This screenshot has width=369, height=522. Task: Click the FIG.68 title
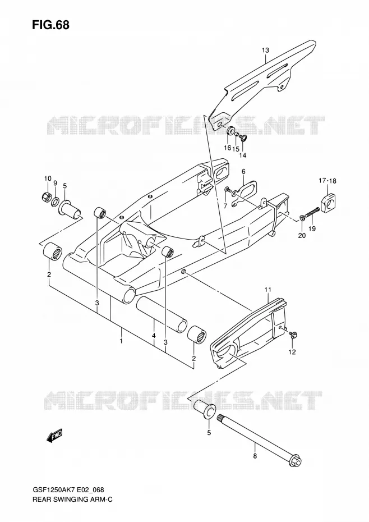pyautogui.click(x=51, y=25)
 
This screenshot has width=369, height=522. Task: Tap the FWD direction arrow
pyautogui.click(x=54, y=436)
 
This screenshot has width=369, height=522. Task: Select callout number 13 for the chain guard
pyautogui.click(x=265, y=51)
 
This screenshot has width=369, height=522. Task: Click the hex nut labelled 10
pyautogui.click(x=47, y=197)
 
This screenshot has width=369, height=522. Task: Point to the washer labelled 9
pyautogui.click(x=55, y=202)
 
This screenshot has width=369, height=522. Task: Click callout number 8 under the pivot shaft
pyautogui.click(x=255, y=456)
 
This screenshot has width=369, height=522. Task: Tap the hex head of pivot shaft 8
pyautogui.click(x=296, y=463)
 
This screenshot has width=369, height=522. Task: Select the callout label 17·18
pyautogui.click(x=328, y=181)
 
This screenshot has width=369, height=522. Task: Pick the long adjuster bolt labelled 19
pyautogui.click(x=311, y=213)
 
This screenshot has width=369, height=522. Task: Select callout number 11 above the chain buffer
pyautogui.click(x=268, y=290)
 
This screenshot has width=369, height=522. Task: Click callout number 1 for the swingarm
pyautogui.click(x=122, y=341)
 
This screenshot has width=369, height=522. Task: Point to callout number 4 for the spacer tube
pyautogui.click(x=154, y=336)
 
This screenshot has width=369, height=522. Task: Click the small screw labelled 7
pyautogui.click(x=228, y=189)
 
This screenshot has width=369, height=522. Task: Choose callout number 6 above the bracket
pyautogui.click(x=243, y=171)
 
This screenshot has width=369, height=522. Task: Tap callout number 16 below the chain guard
pyautogui.click(x=227, y=148)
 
